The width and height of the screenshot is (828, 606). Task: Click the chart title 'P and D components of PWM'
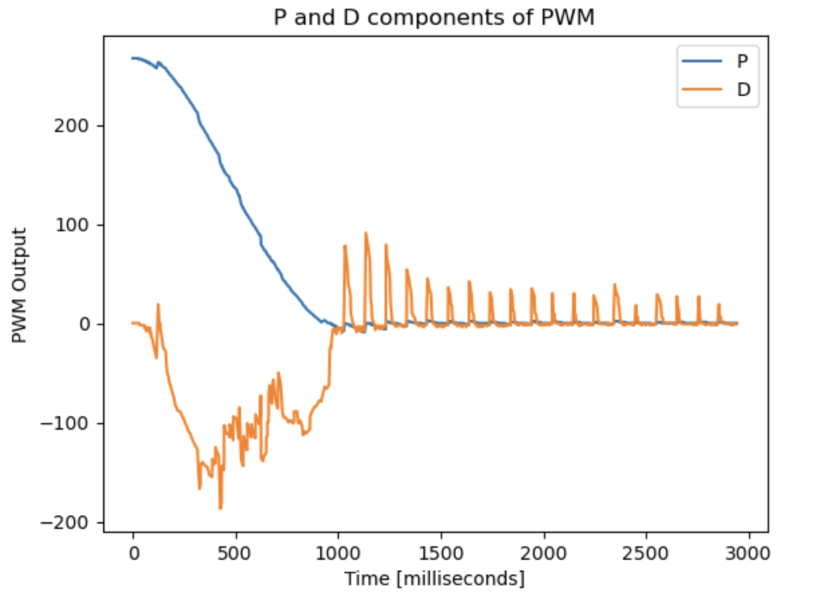[x=434, y=18]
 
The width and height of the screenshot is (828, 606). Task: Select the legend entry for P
[x=742, y=61]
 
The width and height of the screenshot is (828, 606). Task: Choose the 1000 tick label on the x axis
[x=338, y=553]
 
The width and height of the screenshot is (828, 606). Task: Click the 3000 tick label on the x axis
[x=748, y=553]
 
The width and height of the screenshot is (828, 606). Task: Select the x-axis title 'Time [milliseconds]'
[x=434, y=579]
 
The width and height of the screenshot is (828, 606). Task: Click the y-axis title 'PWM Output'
[x=20, y=286]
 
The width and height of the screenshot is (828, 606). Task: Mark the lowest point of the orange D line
[x=220, y=508]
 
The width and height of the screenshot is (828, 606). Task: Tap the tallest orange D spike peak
[x=366, y=233]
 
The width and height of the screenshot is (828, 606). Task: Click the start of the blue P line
[x=133, y=58]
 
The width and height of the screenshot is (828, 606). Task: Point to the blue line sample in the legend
[x=701, y=61]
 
